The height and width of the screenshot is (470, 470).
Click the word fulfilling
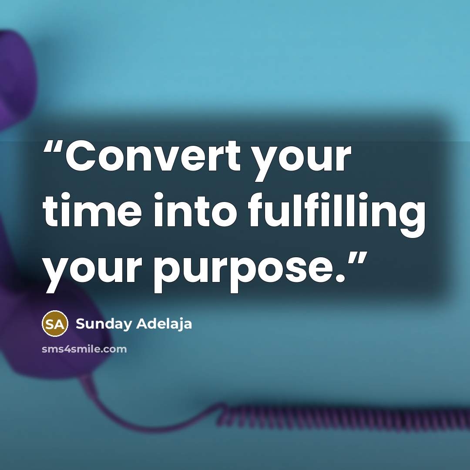point(336,215)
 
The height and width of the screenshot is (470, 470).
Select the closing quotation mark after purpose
point(358,258)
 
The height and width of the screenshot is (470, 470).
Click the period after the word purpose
point(340,278)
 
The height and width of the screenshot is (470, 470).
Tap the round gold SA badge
point(55,323)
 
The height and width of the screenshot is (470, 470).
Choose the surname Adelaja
point(164,324)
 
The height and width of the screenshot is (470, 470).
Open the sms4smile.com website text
point(84,349)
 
